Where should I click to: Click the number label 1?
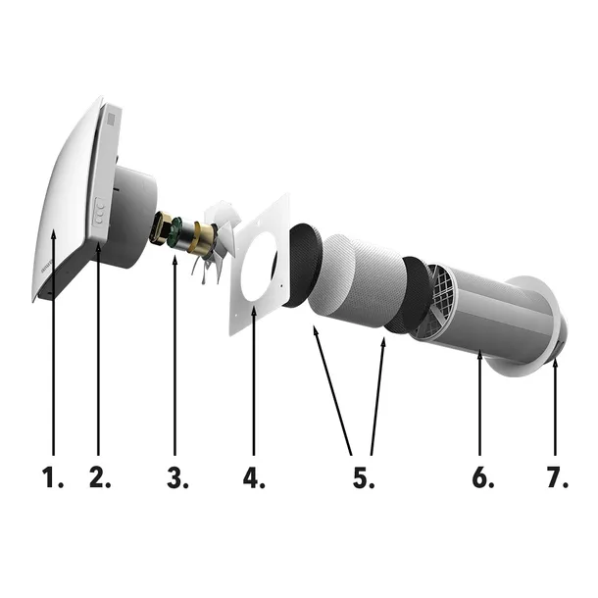click(52, 479)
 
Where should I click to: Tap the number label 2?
click(99, 479)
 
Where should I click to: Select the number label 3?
click(176, 479)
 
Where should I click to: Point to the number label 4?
click(254, 479)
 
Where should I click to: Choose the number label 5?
click(363, 479)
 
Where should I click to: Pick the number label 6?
click(482, 479)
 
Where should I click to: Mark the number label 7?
click(557, 479)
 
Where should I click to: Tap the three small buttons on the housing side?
click(99, 211)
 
